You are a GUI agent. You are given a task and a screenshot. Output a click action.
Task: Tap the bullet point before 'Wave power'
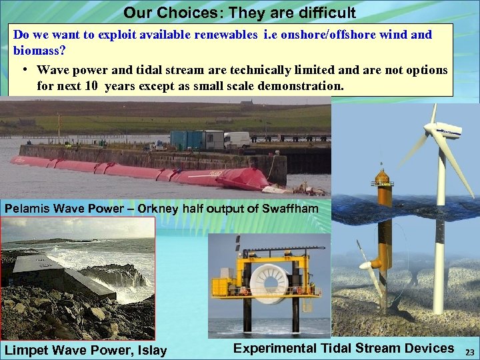(23, 70)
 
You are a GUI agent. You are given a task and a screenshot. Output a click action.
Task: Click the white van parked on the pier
(237, 139)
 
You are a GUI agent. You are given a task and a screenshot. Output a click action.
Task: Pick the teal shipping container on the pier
(187, 139)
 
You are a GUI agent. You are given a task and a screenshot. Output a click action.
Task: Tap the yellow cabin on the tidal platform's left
(223, 287)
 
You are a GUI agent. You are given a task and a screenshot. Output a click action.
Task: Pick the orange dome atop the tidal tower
(381, 175)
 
